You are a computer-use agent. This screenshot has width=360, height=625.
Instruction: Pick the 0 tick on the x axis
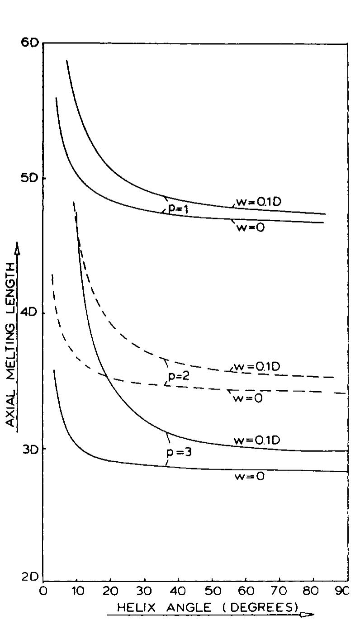(x=43, y=591)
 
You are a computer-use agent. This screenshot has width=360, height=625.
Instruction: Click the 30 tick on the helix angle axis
(x=144, y=591)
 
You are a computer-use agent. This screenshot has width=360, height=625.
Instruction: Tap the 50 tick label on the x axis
(x=212, y=591)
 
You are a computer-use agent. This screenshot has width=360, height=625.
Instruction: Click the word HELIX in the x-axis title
(x=132, y=609)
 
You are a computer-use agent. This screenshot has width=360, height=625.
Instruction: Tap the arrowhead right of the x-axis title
(x=307, y=614)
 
